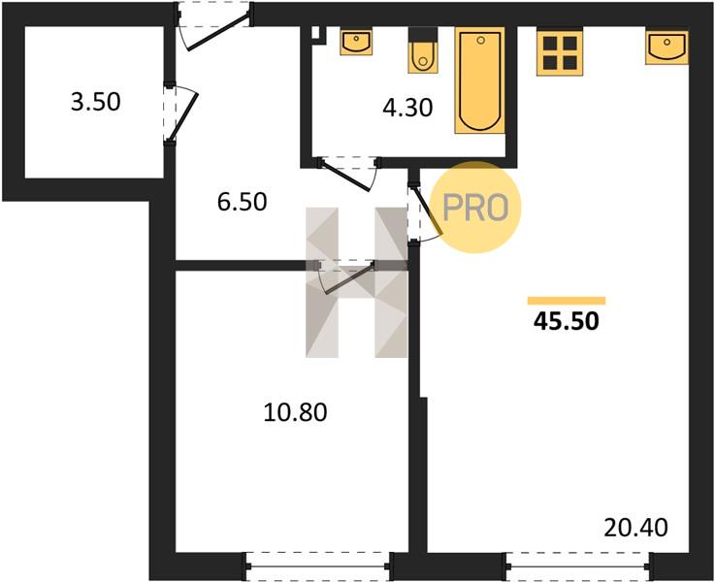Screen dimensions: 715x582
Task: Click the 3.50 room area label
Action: [96, 102]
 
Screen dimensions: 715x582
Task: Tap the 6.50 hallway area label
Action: [242, 202]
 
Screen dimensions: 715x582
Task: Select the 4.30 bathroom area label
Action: [407, 109]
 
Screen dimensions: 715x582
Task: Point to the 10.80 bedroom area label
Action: [296, 412]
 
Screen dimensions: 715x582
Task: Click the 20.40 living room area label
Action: [635, 528]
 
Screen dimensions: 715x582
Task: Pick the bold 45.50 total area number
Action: [566, 321]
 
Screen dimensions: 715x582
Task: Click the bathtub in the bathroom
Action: [479, 81]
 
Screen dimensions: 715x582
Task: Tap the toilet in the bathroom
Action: [423, 50]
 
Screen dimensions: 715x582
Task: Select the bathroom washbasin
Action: [356, 42]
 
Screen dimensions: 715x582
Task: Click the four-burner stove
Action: [560, 52]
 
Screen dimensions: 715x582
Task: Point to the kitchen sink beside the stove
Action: [667, 48]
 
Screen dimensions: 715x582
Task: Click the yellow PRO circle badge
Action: [475, 208]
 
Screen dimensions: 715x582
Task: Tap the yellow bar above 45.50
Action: [567, 301]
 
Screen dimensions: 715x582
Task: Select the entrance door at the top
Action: [214, 27]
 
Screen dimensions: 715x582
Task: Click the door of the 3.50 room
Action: [180, 113]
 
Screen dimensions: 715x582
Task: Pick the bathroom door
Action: [349, 174]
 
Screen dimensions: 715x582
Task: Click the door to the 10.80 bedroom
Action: [346, 276]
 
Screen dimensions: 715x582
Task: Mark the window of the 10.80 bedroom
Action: [318, 566]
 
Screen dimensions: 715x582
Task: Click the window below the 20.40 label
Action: [578, 566]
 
